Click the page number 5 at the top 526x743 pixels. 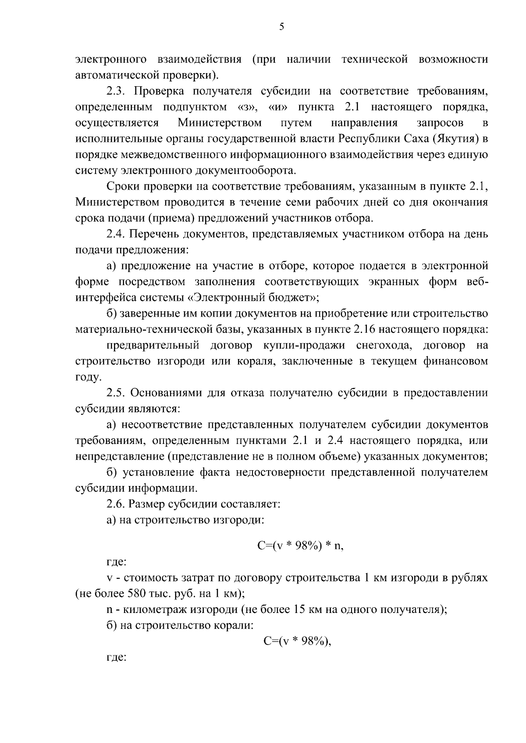[x=281, y=27]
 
